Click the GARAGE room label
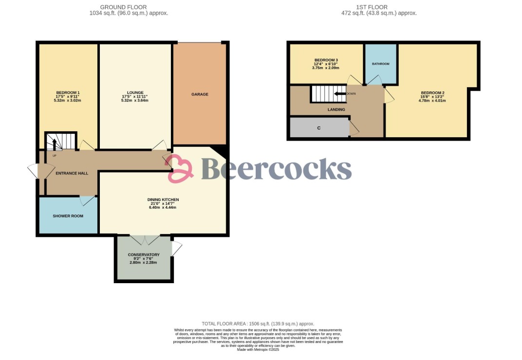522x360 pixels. (x=200, y=94)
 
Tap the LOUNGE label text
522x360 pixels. (x=135, y=93)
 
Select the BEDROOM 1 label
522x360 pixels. (x=68, y=93)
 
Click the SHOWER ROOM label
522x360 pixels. (x=68, y=216)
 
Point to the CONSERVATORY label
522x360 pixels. (x=144, y=255)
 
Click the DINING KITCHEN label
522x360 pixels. (x=163, y=199)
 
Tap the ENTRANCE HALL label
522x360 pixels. (x=72, y=173)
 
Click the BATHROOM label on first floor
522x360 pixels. (x=380, y=64)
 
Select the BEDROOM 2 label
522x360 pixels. (x=432, y=93)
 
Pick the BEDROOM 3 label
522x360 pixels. (x=326, y=60)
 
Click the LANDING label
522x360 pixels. (x=336, y=109)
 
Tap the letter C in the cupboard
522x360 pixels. (x=319, y=128)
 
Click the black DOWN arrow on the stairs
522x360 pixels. (x=339, y=94)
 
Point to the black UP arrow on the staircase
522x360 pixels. (x=55, y=145)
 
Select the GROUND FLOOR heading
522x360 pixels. (x=123, y=7)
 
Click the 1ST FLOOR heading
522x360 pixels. (x=372, y=7)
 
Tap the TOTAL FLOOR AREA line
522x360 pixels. (x=258, y=324)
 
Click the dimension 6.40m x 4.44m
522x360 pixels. (x=163, y=207)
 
